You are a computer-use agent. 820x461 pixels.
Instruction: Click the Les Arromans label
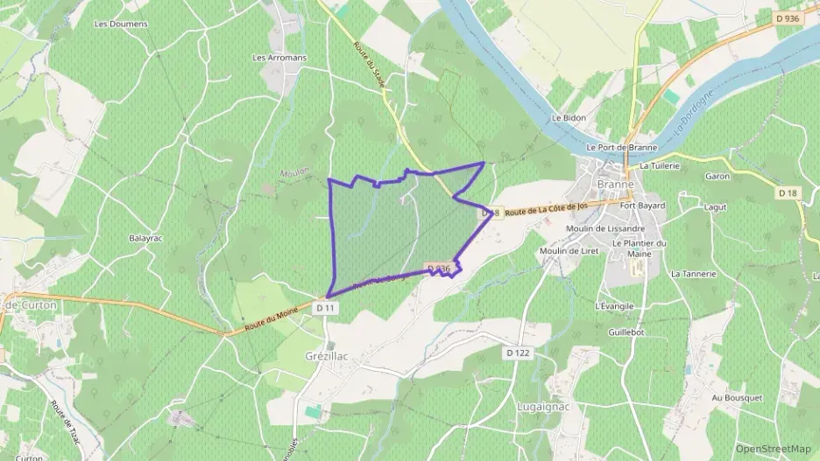279,58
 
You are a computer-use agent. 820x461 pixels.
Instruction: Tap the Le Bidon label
568,116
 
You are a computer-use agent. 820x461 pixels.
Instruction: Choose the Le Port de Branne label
622,147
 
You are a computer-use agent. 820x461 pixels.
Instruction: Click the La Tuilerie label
661,165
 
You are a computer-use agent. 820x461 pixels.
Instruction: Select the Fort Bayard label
642,206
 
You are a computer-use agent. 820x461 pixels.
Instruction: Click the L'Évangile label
614,306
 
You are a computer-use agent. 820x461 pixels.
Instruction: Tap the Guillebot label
626,332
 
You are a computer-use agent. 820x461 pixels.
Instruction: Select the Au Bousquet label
737,398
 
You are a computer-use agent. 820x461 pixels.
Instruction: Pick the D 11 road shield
325,308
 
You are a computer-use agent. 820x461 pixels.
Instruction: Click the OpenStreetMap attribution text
773,449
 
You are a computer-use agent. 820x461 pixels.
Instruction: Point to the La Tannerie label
693,274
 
